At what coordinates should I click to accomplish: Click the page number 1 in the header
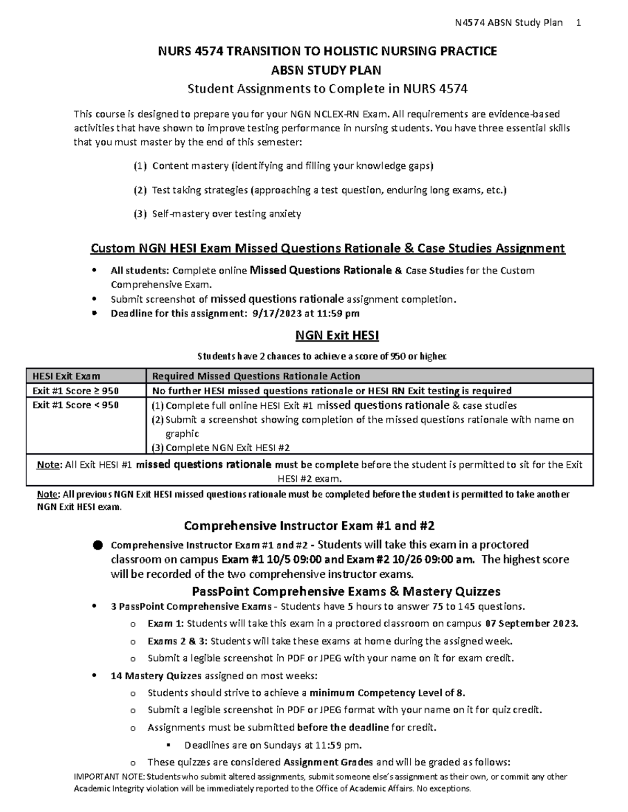pos(578,22)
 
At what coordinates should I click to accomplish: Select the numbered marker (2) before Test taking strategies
pos(140,190)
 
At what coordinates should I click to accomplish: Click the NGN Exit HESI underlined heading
pos(337,335)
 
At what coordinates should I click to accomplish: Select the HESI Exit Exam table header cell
pos(66,376)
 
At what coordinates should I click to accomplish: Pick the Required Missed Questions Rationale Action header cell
pos(256,376)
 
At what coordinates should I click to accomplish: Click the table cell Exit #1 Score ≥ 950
pos(75,391)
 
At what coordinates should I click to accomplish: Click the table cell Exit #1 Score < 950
pos(75,405)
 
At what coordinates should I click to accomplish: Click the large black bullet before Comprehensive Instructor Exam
pos(98,545)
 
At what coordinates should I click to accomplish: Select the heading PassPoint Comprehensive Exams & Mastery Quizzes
pos(346,591)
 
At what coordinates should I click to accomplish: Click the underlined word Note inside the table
pos(49,465)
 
